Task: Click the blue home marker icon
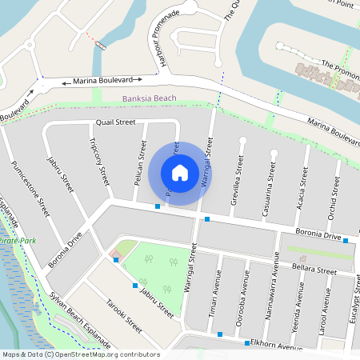click(x=180, y=173)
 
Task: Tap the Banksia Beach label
click(x=149, y=99)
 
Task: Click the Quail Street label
click(x=115, y=122)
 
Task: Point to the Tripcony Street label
click(x=100, y=164)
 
